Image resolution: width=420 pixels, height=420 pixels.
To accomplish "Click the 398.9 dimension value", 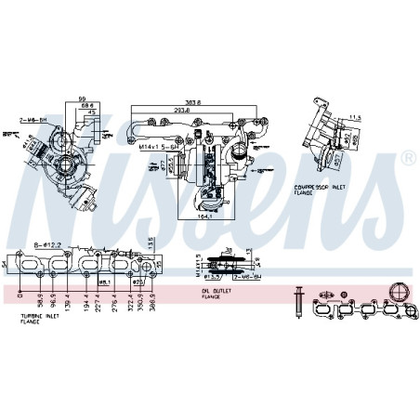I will click(x=164, y=302).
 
